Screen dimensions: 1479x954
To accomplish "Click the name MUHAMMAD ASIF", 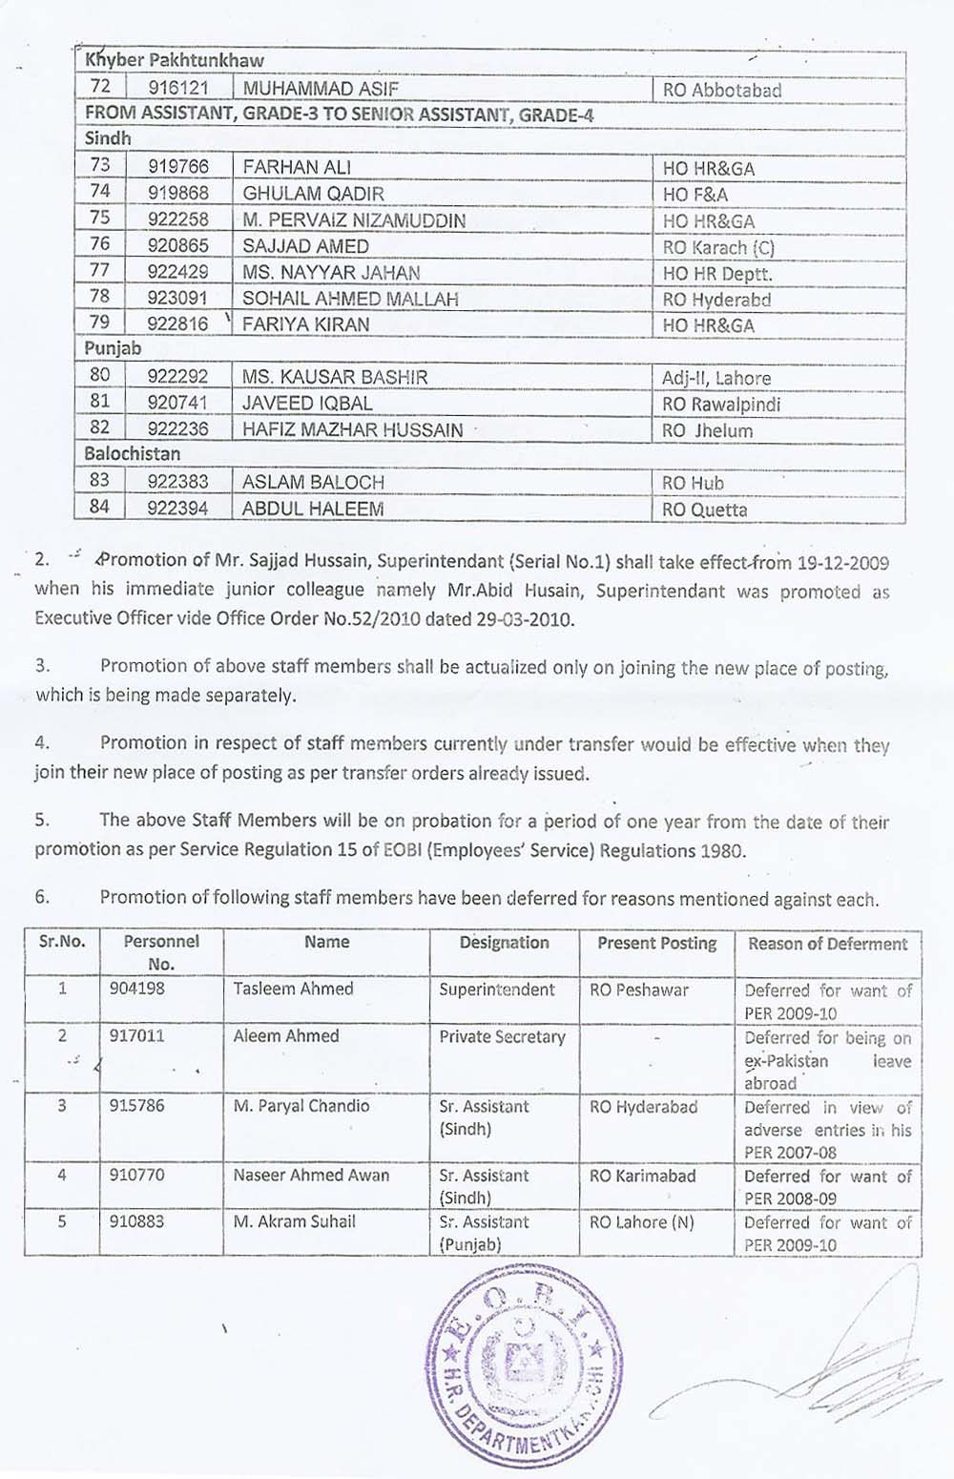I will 321,91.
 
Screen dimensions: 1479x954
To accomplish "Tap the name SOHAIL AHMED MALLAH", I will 350,299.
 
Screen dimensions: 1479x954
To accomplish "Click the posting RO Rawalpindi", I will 721,404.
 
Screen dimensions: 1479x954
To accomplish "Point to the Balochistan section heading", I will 133,454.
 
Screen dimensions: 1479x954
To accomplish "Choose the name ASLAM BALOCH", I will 313,483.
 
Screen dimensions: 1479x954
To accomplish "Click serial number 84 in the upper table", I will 99,508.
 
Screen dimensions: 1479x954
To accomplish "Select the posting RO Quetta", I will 705,510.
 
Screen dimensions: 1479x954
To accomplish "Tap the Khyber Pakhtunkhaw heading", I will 175,60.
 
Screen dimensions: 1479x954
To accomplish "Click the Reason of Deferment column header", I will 827,944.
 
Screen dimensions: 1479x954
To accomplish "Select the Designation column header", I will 504,943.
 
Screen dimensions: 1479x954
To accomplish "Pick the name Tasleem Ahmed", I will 293,989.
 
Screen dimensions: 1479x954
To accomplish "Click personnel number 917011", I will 136,1036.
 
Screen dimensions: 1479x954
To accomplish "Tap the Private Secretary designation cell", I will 502,1037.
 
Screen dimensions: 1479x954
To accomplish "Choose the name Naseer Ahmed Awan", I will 311,1176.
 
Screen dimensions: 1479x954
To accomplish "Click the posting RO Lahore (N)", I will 641,1222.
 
